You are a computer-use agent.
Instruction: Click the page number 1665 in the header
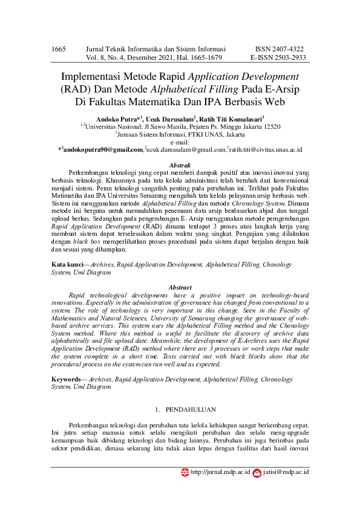[59, 48]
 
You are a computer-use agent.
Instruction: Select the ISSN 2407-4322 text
[280, 48]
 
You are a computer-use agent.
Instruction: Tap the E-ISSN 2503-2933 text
[278, 58]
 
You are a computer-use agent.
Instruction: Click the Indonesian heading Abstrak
[180, 165]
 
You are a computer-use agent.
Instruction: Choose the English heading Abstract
[180, 288]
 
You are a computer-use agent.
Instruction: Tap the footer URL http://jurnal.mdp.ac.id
[220, 472]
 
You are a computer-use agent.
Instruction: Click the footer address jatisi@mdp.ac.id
[286, 472]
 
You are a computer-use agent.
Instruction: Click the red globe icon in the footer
[185, 472]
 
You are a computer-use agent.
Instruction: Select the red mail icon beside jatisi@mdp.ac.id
[257, 472]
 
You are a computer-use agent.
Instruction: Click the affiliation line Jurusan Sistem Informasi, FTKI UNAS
[180, 134]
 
